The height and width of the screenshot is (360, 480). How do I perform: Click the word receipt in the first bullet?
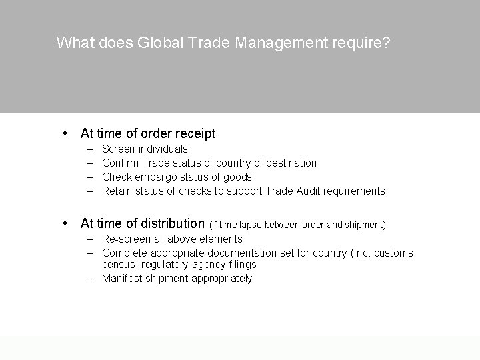point(195,133)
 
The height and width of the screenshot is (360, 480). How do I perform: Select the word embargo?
point(153,177)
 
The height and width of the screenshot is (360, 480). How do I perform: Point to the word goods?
point(237,177)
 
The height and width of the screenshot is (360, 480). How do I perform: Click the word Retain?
point(117,191)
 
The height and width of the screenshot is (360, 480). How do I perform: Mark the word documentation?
point(243,253)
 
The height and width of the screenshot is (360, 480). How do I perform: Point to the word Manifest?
point(123,278)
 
